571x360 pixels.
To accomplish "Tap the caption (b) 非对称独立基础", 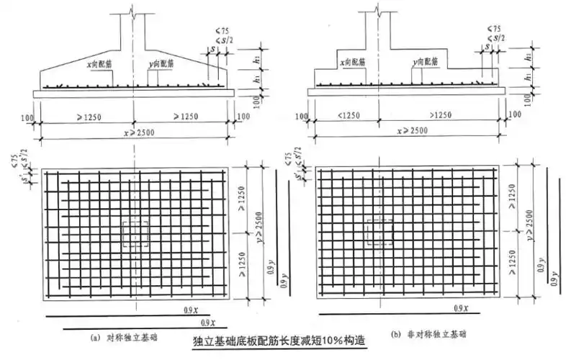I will tap(425, 335).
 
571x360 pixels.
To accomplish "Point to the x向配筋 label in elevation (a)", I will tap(98, 64).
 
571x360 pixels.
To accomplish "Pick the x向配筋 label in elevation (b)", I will tap(358, 63).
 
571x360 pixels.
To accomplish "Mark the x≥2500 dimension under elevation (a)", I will tap(135, 130).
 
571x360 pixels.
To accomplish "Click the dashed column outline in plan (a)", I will tap(135, 233).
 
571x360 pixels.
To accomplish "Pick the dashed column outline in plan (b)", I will tap(379, 232).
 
